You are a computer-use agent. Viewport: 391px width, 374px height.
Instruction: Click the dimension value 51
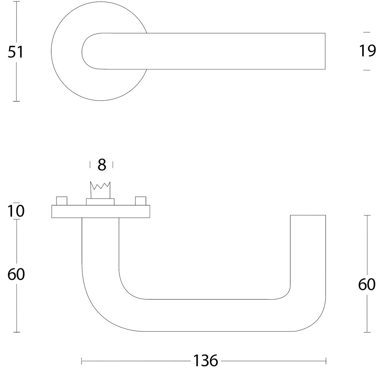(16, 52)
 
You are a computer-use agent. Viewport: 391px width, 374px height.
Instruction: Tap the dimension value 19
(367, 50)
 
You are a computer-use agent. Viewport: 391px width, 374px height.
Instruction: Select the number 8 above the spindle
(102, 165)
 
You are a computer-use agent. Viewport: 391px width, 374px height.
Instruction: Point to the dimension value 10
(16, 211)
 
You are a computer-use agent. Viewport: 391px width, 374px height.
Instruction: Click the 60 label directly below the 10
(16, 275)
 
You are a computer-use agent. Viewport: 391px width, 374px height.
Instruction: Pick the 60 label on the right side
(367, 285)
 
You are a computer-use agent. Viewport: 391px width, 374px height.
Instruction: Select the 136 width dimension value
(205, 361)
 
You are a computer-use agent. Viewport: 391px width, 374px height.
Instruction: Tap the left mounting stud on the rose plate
(61, 200)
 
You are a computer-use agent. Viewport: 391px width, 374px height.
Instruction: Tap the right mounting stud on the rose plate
(140, 200)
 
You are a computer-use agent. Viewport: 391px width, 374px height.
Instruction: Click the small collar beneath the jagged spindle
(100, 202)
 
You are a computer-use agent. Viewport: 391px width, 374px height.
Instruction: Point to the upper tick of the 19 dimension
(367, 33)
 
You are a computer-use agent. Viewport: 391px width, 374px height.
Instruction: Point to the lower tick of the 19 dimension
(367, 70)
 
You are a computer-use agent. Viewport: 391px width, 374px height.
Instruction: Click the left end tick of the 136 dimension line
(82, 361)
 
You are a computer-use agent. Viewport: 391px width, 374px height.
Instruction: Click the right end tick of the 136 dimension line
(326, 361)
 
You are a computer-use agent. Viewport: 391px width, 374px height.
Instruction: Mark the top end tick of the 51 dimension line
(16, 1)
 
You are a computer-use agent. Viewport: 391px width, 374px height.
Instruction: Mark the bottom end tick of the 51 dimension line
(16, 101)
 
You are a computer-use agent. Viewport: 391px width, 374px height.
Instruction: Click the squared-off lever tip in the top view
(322, 51)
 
